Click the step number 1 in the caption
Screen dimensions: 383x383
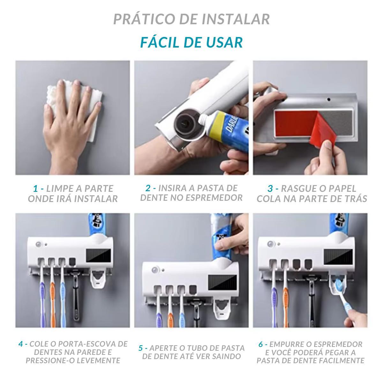(35, 188)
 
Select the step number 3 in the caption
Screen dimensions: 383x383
(270, 188)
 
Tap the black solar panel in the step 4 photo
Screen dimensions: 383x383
(99, 255)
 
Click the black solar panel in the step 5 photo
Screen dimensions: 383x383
(222, 282)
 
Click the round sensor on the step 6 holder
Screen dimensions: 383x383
(270, 244)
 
